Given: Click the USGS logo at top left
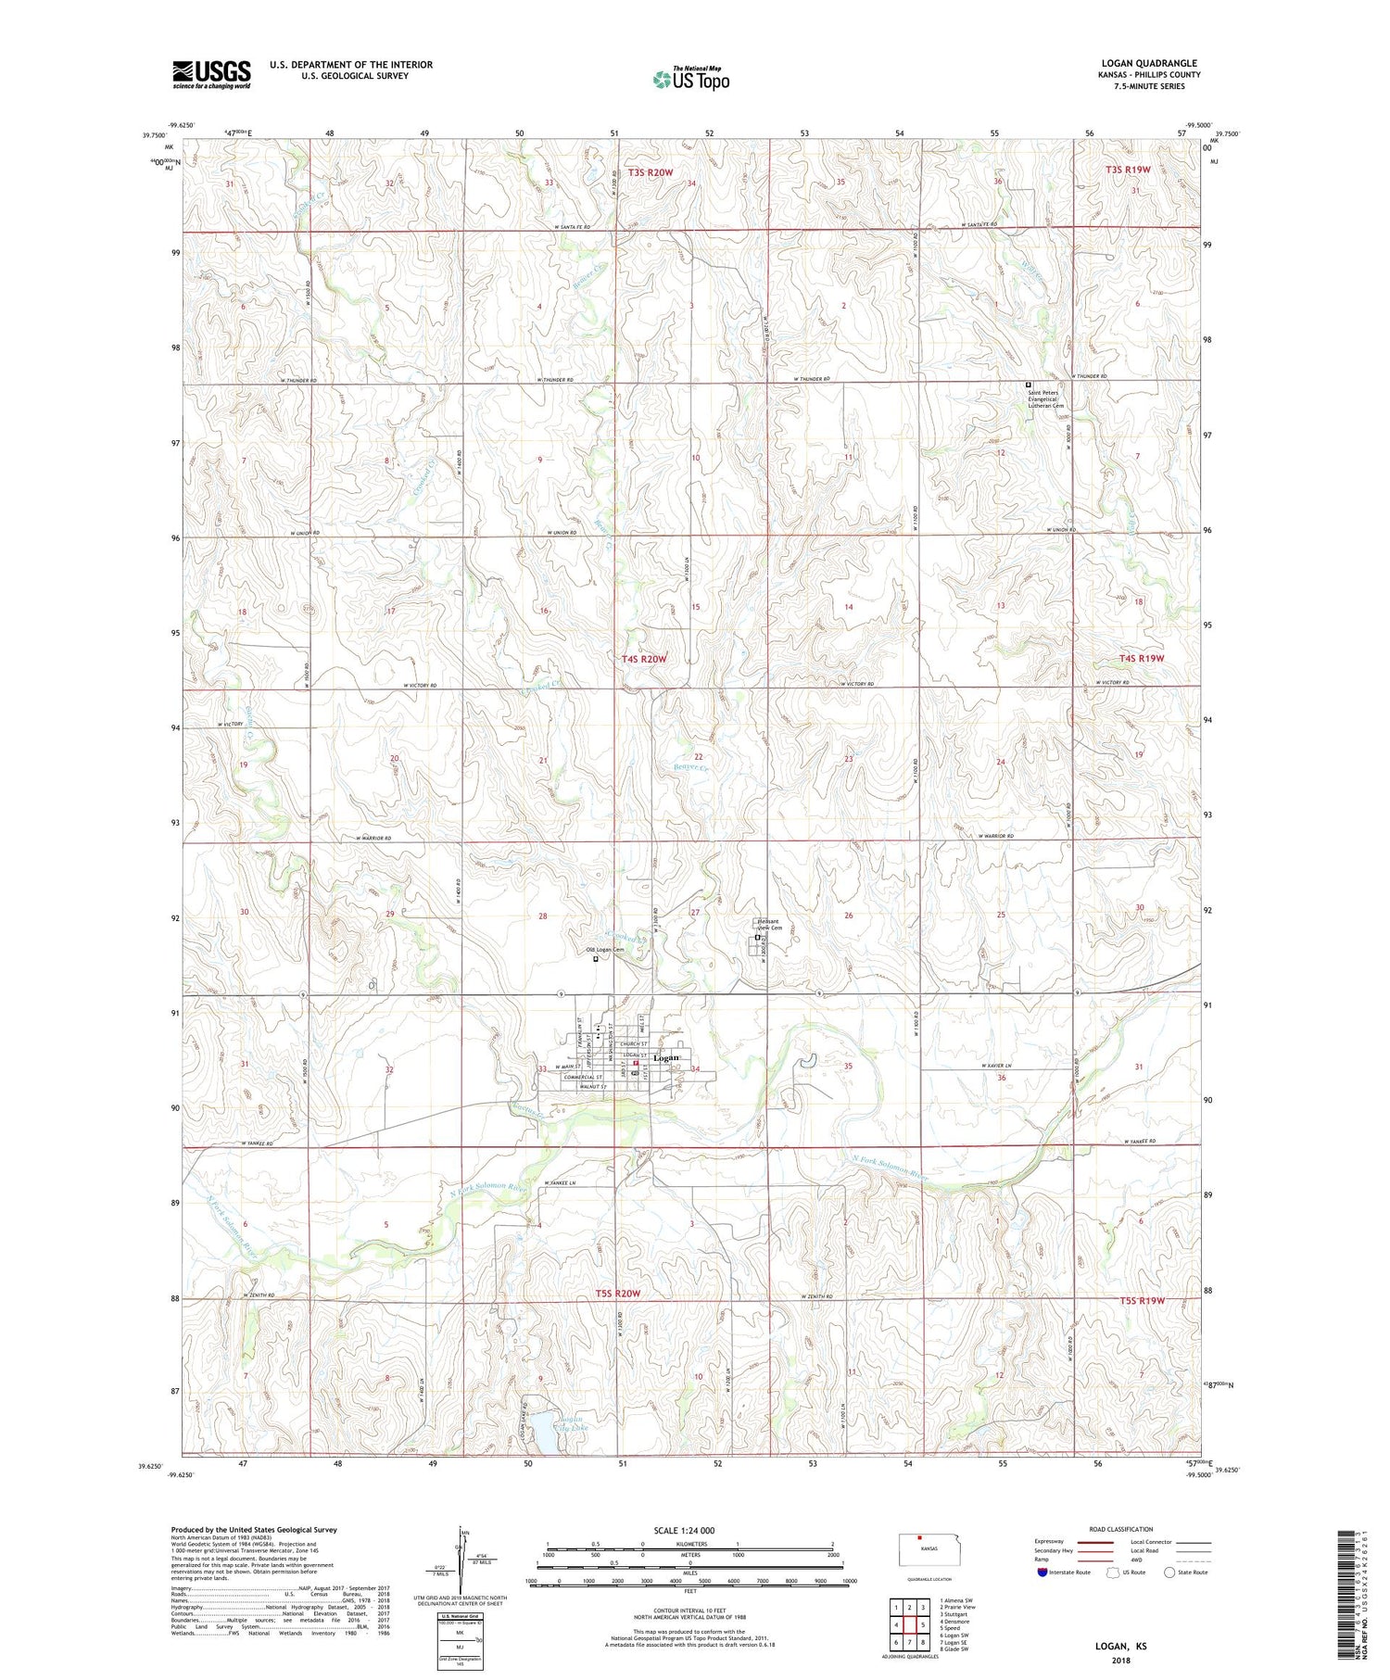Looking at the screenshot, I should point(211,74).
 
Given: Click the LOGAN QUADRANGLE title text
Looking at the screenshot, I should point(1148,63).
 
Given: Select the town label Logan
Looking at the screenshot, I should point(666,1057).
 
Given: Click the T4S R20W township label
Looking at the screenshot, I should point(643,659).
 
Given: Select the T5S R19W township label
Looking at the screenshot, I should point(1142,1300).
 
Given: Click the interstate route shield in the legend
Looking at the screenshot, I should point(1043,1573).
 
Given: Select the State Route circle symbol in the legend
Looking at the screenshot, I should point(1170,1572).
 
